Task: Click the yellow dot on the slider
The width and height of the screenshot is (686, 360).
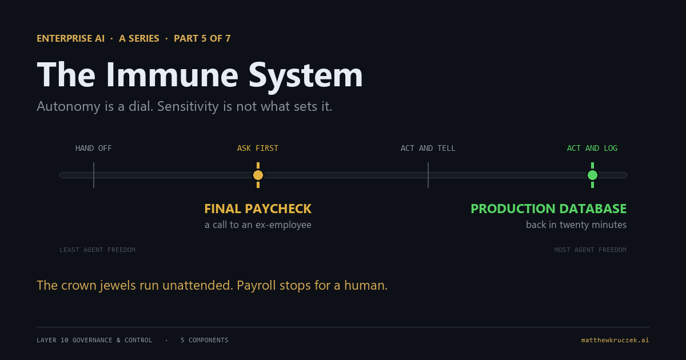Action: [258, 175]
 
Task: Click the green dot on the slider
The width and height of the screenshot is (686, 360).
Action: [593, 175]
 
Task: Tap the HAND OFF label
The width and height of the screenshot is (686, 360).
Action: [93, 148]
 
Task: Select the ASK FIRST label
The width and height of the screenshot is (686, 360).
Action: [258, 148]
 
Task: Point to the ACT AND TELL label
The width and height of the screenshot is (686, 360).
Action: [428, 148]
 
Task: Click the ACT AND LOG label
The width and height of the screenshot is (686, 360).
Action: [592, 148]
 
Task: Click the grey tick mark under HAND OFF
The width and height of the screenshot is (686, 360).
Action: [94, 175]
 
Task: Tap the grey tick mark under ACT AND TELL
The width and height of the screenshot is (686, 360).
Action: [428, 175]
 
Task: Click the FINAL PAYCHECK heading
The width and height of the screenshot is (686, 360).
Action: [258, 209]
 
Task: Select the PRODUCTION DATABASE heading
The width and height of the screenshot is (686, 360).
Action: [548, 209]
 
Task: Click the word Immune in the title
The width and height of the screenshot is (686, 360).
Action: [172, 75]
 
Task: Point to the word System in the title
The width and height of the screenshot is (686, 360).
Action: [306, 77]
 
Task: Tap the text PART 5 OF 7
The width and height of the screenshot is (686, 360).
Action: [202, 39]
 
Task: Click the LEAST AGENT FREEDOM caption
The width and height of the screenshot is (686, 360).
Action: [97, 250]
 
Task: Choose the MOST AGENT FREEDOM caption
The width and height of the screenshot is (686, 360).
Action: [590, 250]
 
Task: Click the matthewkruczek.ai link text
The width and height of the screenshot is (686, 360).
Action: [615, 340]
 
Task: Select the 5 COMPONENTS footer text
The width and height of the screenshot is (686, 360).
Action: [204, 340]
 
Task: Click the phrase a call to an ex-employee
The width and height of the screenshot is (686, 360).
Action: [258, 225]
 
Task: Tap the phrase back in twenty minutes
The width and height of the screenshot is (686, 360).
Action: [576, 225]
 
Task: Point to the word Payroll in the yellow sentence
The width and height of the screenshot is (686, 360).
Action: [256, 286]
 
